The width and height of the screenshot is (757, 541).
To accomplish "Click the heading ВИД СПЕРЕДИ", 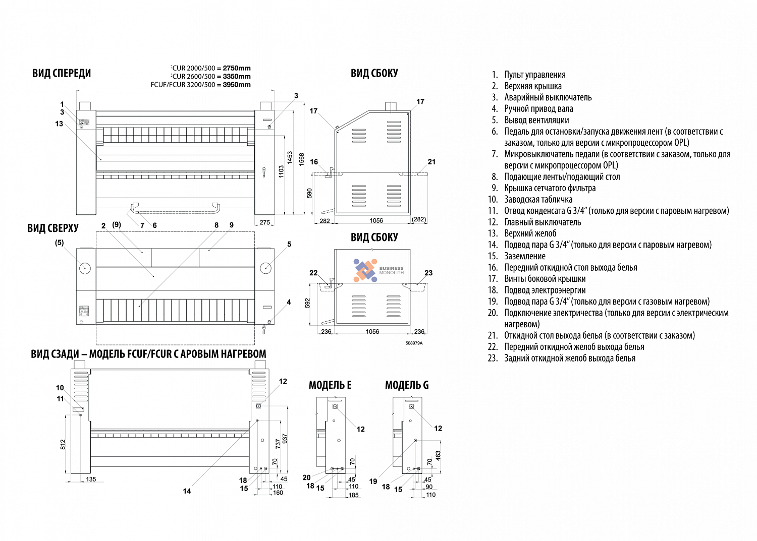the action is coord(62,73).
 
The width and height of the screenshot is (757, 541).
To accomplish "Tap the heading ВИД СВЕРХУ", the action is coord(52,228).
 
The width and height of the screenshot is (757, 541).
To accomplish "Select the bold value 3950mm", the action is coord(237,85).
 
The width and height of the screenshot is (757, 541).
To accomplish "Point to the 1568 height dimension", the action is coord(301,159).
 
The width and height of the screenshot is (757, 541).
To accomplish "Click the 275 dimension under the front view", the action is coord(264,222).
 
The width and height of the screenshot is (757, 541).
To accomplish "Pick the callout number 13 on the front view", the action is coord(59,124).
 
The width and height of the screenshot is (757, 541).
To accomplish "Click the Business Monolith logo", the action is coord(379,270).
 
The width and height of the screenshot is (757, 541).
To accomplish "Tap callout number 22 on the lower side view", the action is coord(313,273).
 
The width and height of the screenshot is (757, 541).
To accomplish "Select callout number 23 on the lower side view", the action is coord(428,273).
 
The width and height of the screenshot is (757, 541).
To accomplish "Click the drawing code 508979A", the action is coord(414,343).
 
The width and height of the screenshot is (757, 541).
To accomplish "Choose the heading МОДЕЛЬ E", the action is coord(330,385).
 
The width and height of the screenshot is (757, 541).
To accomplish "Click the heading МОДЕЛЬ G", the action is coord(407,385).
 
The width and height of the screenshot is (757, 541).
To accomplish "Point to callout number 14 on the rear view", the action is coord(187,491).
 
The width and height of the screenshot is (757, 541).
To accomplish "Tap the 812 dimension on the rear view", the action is coord(63,444).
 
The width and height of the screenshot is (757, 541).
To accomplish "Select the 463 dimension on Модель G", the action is coord(438,456).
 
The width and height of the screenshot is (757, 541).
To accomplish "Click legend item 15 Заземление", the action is coord(517,256).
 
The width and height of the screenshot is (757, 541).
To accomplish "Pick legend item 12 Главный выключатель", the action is coord(534,222).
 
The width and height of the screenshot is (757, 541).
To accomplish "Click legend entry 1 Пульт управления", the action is coord(528,75).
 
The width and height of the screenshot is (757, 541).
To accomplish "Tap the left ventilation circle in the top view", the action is coord(85,268).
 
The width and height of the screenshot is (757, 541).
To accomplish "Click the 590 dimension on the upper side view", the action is coord(309,194).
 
